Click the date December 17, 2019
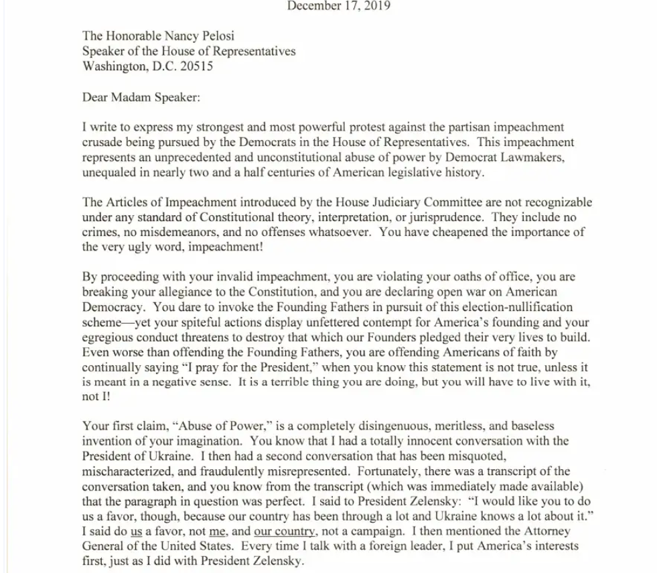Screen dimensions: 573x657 pos(339,7)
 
